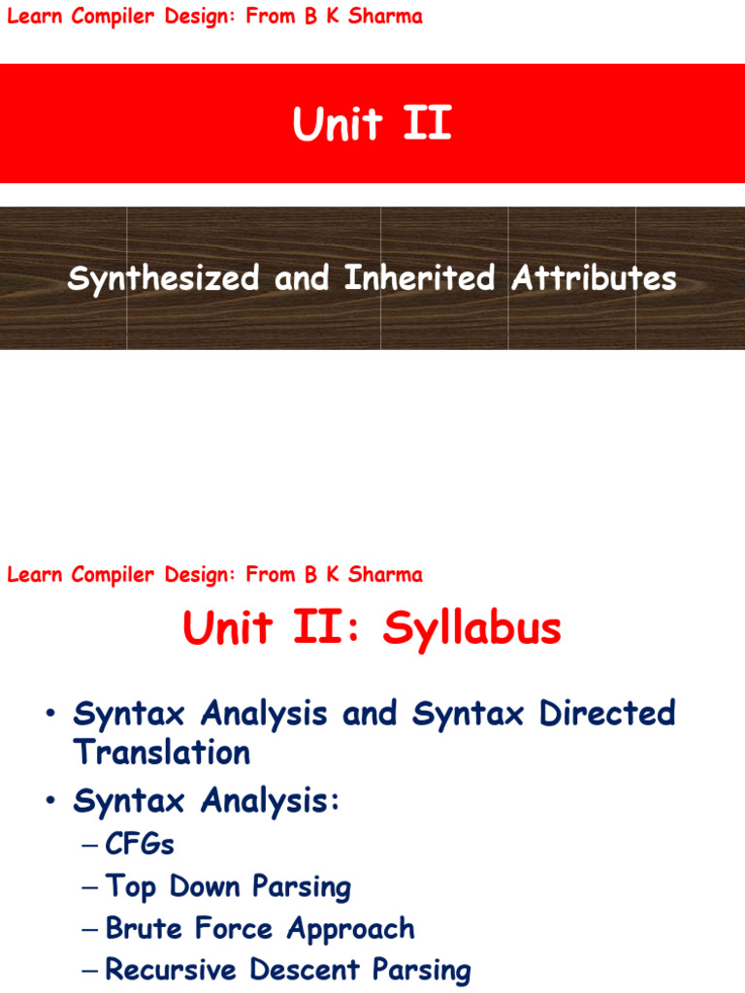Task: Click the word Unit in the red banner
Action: point(338,123)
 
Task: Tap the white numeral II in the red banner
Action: point(428,123)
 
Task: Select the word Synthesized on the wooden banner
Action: point(163,278)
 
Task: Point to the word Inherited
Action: point(419,277)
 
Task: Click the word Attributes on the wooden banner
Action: point(595,278)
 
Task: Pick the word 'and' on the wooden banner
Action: point(302,278)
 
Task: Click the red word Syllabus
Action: point(472,628)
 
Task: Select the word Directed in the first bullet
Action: point(607,713)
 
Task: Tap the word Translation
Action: point(162,753)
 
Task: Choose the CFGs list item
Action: point(140,844)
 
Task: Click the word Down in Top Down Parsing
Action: point(204,886)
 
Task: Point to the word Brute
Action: point(145,928)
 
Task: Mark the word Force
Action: point(234,928)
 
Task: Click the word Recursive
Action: point(171,970)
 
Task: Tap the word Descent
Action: point(305,970)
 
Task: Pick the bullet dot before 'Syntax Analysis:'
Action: point(50,800)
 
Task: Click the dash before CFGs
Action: point(89,845)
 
